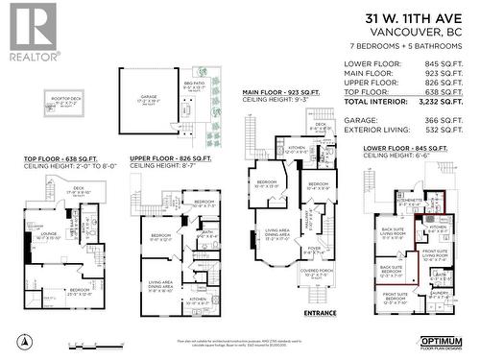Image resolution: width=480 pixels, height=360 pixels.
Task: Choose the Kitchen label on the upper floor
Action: tap(198, 299)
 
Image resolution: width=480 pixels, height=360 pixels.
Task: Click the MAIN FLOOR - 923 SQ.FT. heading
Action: tap(281, 90)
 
